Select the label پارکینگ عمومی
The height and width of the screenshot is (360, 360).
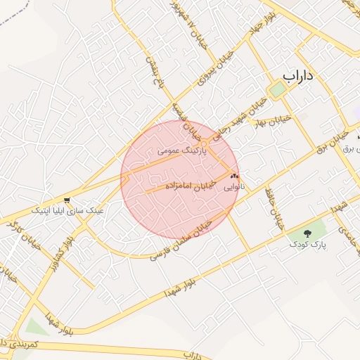pos(174,150)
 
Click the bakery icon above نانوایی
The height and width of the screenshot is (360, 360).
pos(234,176)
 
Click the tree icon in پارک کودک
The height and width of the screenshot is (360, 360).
pos(307,233)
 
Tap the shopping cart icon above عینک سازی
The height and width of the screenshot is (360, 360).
pos(67,200)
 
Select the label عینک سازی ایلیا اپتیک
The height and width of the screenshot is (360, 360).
pos(67,210)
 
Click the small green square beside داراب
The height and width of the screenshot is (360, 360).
pos(278,90)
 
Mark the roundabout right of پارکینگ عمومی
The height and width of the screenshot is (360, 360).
pos(203,144)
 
